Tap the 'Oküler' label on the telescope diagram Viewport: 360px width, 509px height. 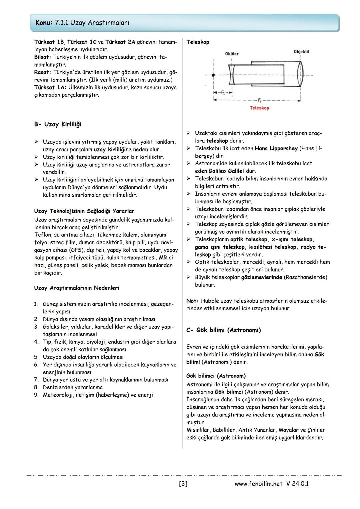tap(232, 54)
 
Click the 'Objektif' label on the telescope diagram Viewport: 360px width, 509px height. tap(301, 52)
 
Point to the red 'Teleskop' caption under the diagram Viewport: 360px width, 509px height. tap(259, 108)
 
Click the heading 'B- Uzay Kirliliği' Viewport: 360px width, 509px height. tap(57, 124)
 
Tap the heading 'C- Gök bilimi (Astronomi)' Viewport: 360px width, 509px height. tap(223, 330)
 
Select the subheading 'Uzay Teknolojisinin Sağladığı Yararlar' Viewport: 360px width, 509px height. tap(84, 211)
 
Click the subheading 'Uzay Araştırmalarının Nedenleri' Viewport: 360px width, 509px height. tap(76, 288)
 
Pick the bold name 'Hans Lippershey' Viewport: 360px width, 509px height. tap(276, 148)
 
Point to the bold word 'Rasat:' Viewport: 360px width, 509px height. tap(43, 72)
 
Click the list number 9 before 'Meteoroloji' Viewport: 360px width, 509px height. tap(36, 395)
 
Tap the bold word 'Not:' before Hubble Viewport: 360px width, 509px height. tap(192, 301)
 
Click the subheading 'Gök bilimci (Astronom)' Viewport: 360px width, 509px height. tap(216, 376)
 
